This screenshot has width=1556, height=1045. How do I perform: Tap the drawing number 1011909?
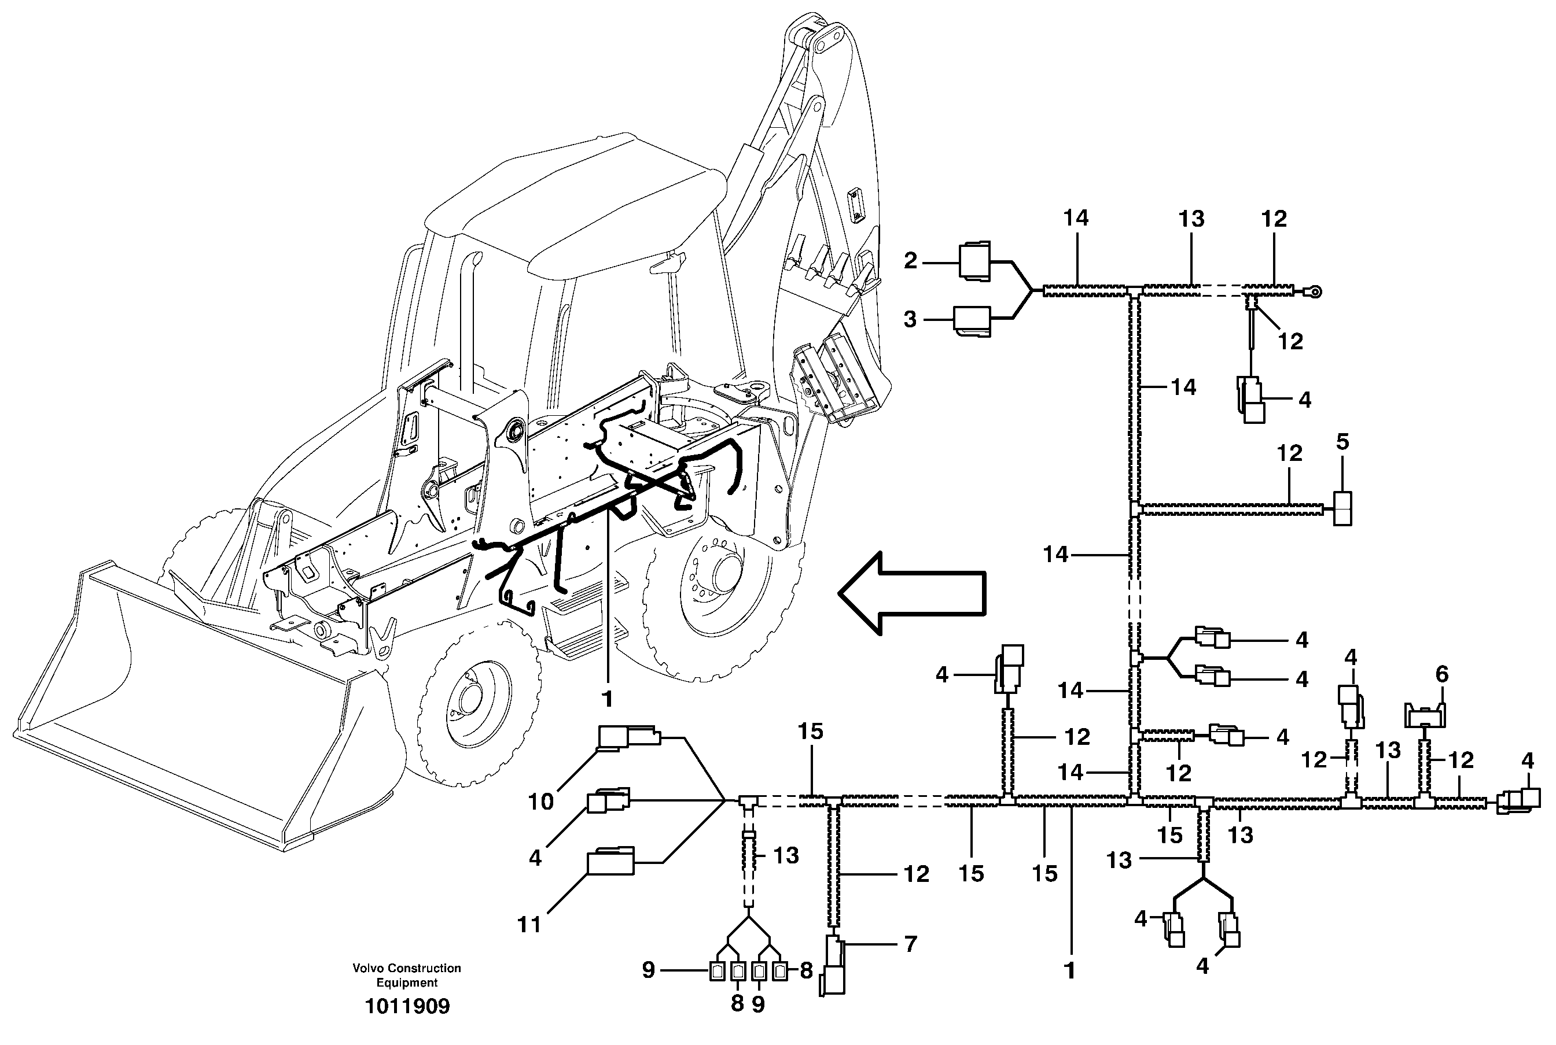(407, 1006)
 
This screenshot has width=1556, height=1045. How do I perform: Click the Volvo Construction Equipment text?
(407, 975)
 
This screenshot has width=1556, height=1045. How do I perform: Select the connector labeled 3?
(972, 320)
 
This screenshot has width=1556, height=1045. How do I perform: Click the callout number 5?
(1342, 442)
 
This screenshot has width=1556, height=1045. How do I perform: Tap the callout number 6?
(1442, 674)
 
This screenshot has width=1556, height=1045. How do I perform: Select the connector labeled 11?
(610, 861)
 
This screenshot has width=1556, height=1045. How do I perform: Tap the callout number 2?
(911, 261)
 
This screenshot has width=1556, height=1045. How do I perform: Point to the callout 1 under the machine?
(606, 699)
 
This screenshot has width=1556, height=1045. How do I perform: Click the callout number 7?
(911, 944)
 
